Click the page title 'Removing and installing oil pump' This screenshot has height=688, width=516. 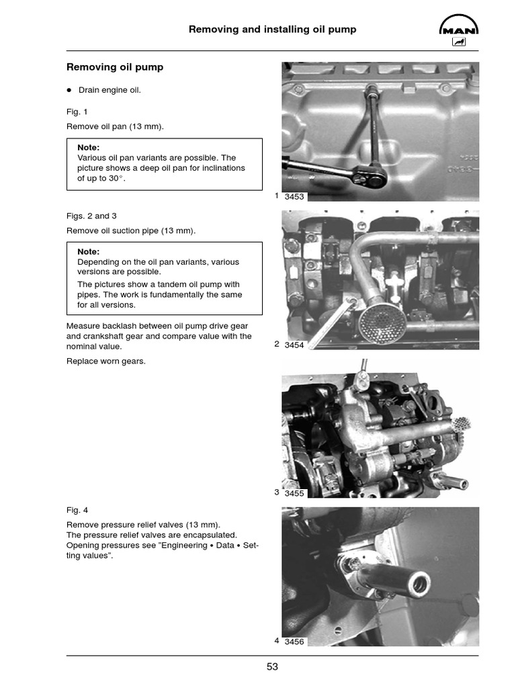(272, 30)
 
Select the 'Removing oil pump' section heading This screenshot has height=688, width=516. (114, 68)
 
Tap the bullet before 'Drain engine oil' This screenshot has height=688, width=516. (69, 90)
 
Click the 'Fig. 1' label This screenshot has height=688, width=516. (77, 112)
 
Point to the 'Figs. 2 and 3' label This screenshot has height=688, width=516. (91, 216)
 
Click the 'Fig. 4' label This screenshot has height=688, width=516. (77, 510)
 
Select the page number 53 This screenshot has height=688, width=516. (272, 667)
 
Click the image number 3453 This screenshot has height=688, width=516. (294, 197)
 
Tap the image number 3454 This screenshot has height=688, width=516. (294, 345)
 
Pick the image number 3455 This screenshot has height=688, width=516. (294, 493)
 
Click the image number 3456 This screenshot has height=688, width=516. (294, 642)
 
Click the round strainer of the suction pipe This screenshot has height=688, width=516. (381, 321)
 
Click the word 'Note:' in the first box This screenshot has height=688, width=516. (89, 147)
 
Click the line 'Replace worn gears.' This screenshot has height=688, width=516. (105, 361)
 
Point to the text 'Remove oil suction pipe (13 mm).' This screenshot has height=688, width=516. (131, 231)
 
